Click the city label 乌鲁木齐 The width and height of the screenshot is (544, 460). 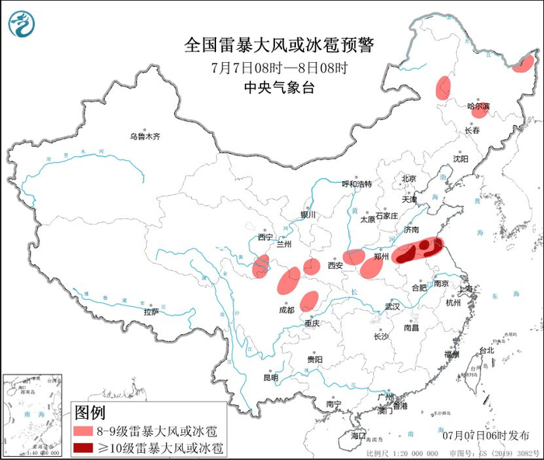tap(145, 137)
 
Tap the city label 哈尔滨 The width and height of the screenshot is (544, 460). tap(478, 106)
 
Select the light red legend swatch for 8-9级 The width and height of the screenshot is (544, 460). tap(84, 430)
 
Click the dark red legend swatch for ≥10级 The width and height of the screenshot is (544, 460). tap(84, 448)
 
